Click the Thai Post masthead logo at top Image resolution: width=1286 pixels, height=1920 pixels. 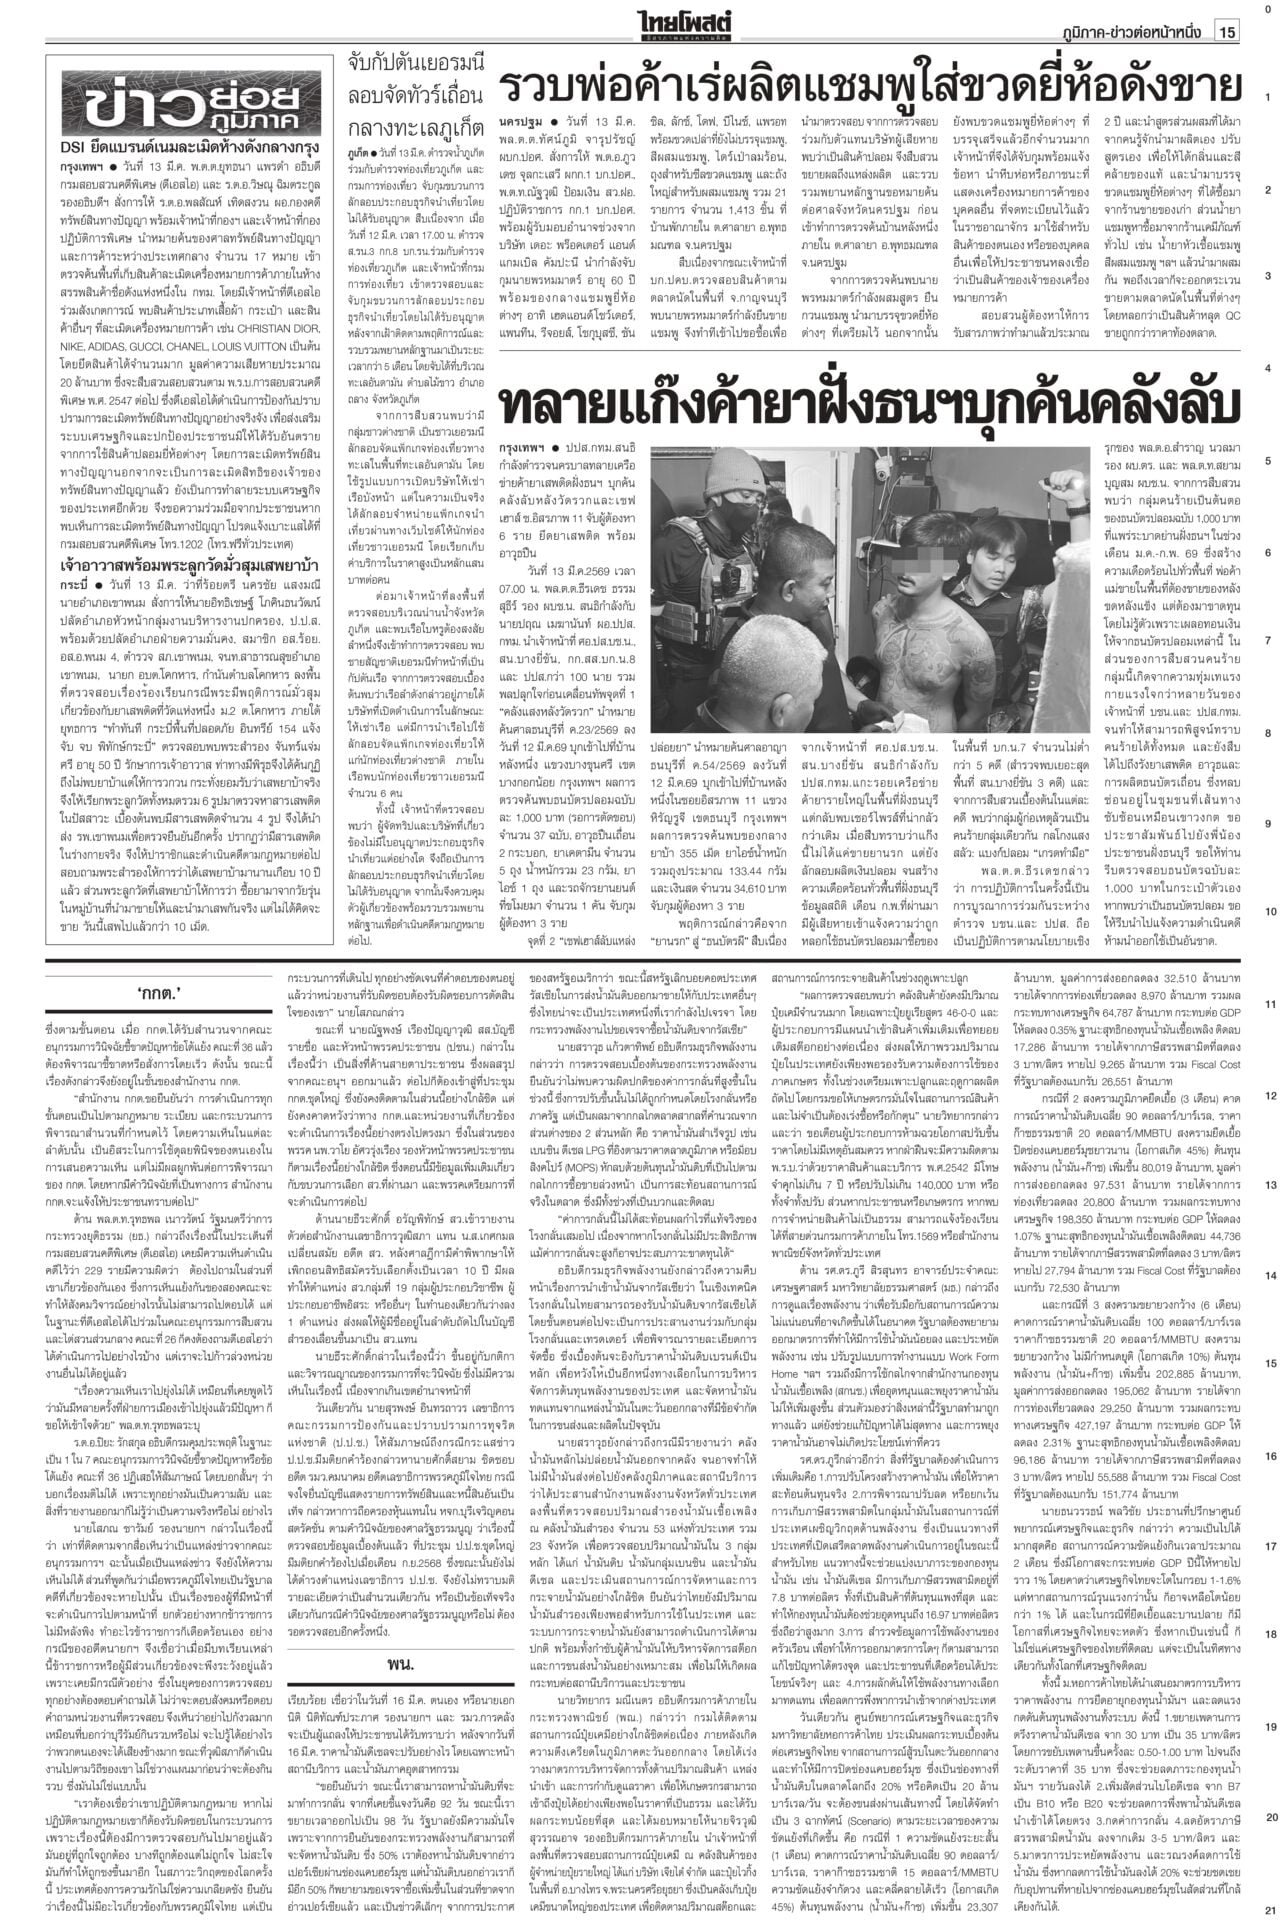tap(696, 19)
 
